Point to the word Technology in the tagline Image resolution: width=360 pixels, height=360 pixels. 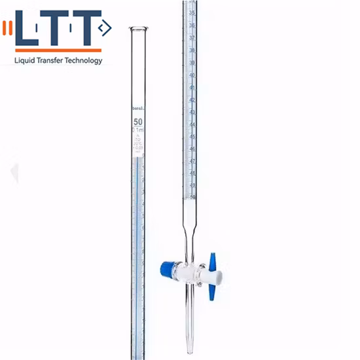(84, 61)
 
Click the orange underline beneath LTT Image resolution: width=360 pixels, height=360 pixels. (58, 50)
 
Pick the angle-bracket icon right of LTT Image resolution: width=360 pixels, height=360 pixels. (105, 27)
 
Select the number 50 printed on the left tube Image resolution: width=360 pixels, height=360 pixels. (138, 122)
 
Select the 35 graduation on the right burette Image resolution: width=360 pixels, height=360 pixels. (192, 12)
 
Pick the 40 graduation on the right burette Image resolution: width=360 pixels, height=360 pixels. (192, 75)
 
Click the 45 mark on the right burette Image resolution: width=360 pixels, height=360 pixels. (192, 136)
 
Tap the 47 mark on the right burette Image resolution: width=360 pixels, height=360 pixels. (192, 161)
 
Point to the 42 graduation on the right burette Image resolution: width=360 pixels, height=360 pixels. (192, 99)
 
